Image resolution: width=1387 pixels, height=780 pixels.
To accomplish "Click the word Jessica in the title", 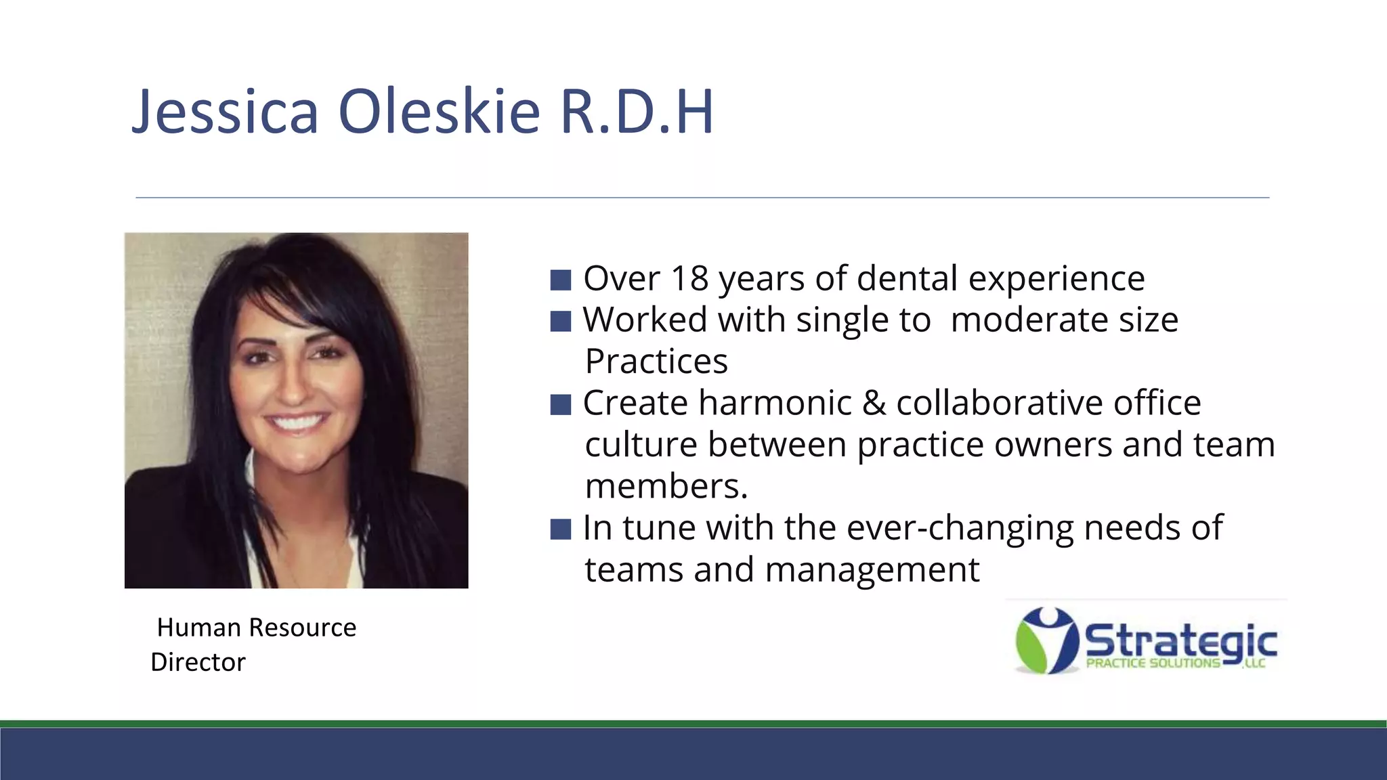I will click(x=225, y=112).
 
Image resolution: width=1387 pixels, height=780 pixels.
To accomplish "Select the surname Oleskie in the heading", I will click(x=439, y=112).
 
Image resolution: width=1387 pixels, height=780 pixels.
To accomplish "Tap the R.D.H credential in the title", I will click(x=637, y=112).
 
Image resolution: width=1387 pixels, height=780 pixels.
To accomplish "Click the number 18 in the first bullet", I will click(x=689, y=278).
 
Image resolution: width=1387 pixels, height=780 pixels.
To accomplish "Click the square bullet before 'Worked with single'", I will click(x=561, y=321).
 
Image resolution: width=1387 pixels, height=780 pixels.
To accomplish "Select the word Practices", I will click(x=656, y=362).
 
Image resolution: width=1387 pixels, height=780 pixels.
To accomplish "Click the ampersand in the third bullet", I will click(x=874, y=404).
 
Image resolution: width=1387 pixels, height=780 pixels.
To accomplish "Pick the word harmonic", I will click(x=775, y=404).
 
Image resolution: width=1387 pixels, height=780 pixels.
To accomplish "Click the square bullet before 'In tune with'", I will click(x=561, y=529).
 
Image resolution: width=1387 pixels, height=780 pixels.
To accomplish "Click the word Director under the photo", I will click(x=198, y=662).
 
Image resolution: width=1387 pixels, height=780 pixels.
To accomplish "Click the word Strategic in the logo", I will click(x=1181, y=640).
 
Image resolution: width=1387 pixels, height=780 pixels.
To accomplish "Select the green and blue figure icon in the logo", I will click(x=1046, y=641).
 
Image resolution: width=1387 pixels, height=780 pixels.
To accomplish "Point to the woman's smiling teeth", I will click(x=296, y=422).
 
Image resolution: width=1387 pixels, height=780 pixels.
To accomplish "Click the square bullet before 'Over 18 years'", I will click(x=561, y=280).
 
